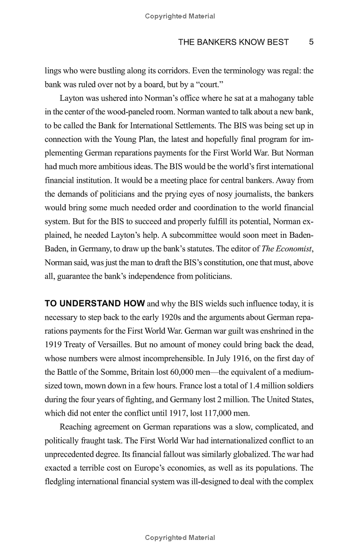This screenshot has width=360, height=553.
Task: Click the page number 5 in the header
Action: coord(311,42)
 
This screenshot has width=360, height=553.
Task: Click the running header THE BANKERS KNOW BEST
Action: coord(233,42)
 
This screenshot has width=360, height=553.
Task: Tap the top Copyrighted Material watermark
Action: coord(180,16)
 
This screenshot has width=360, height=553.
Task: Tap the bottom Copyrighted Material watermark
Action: coord(180,538)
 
